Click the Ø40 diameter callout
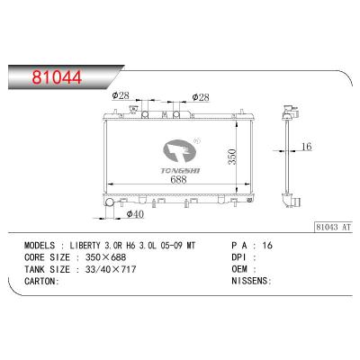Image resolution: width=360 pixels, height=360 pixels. [134, 213]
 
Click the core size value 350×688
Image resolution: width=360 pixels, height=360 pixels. [101, 256]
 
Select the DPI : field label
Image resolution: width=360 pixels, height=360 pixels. [243, 256]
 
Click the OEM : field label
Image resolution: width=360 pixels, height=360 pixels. [243, 267]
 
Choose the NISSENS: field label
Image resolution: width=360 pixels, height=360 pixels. [251, 279]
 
